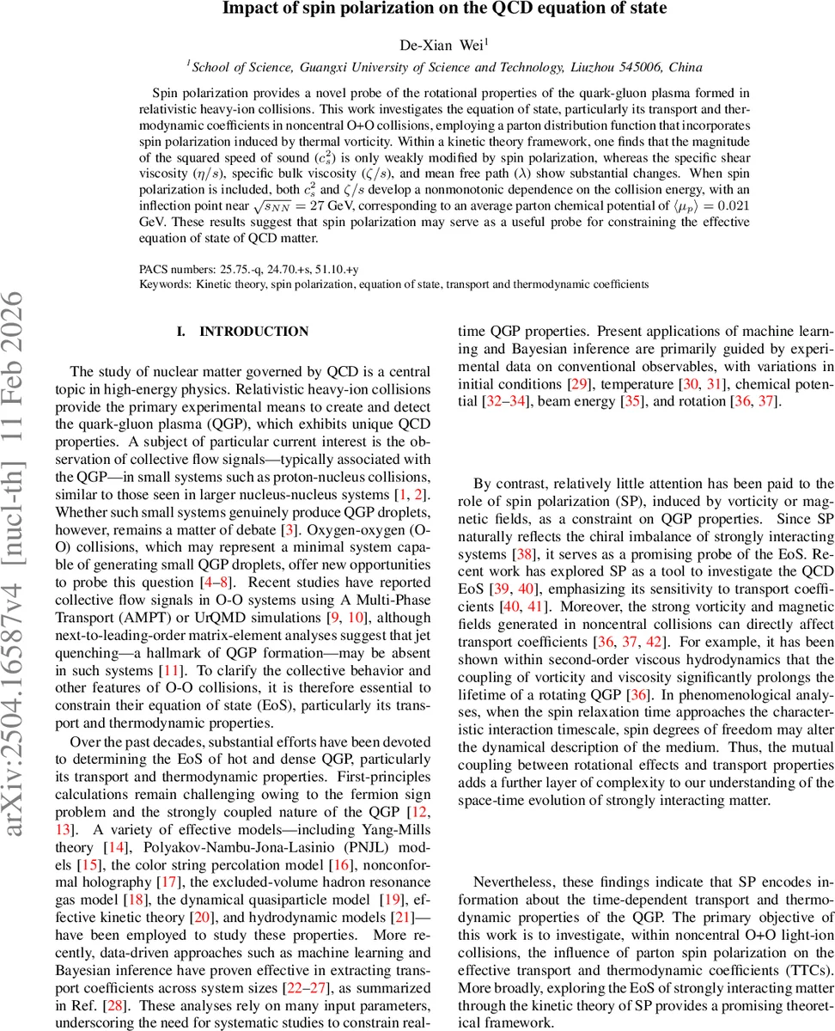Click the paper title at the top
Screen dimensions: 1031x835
tap(444, 9)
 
